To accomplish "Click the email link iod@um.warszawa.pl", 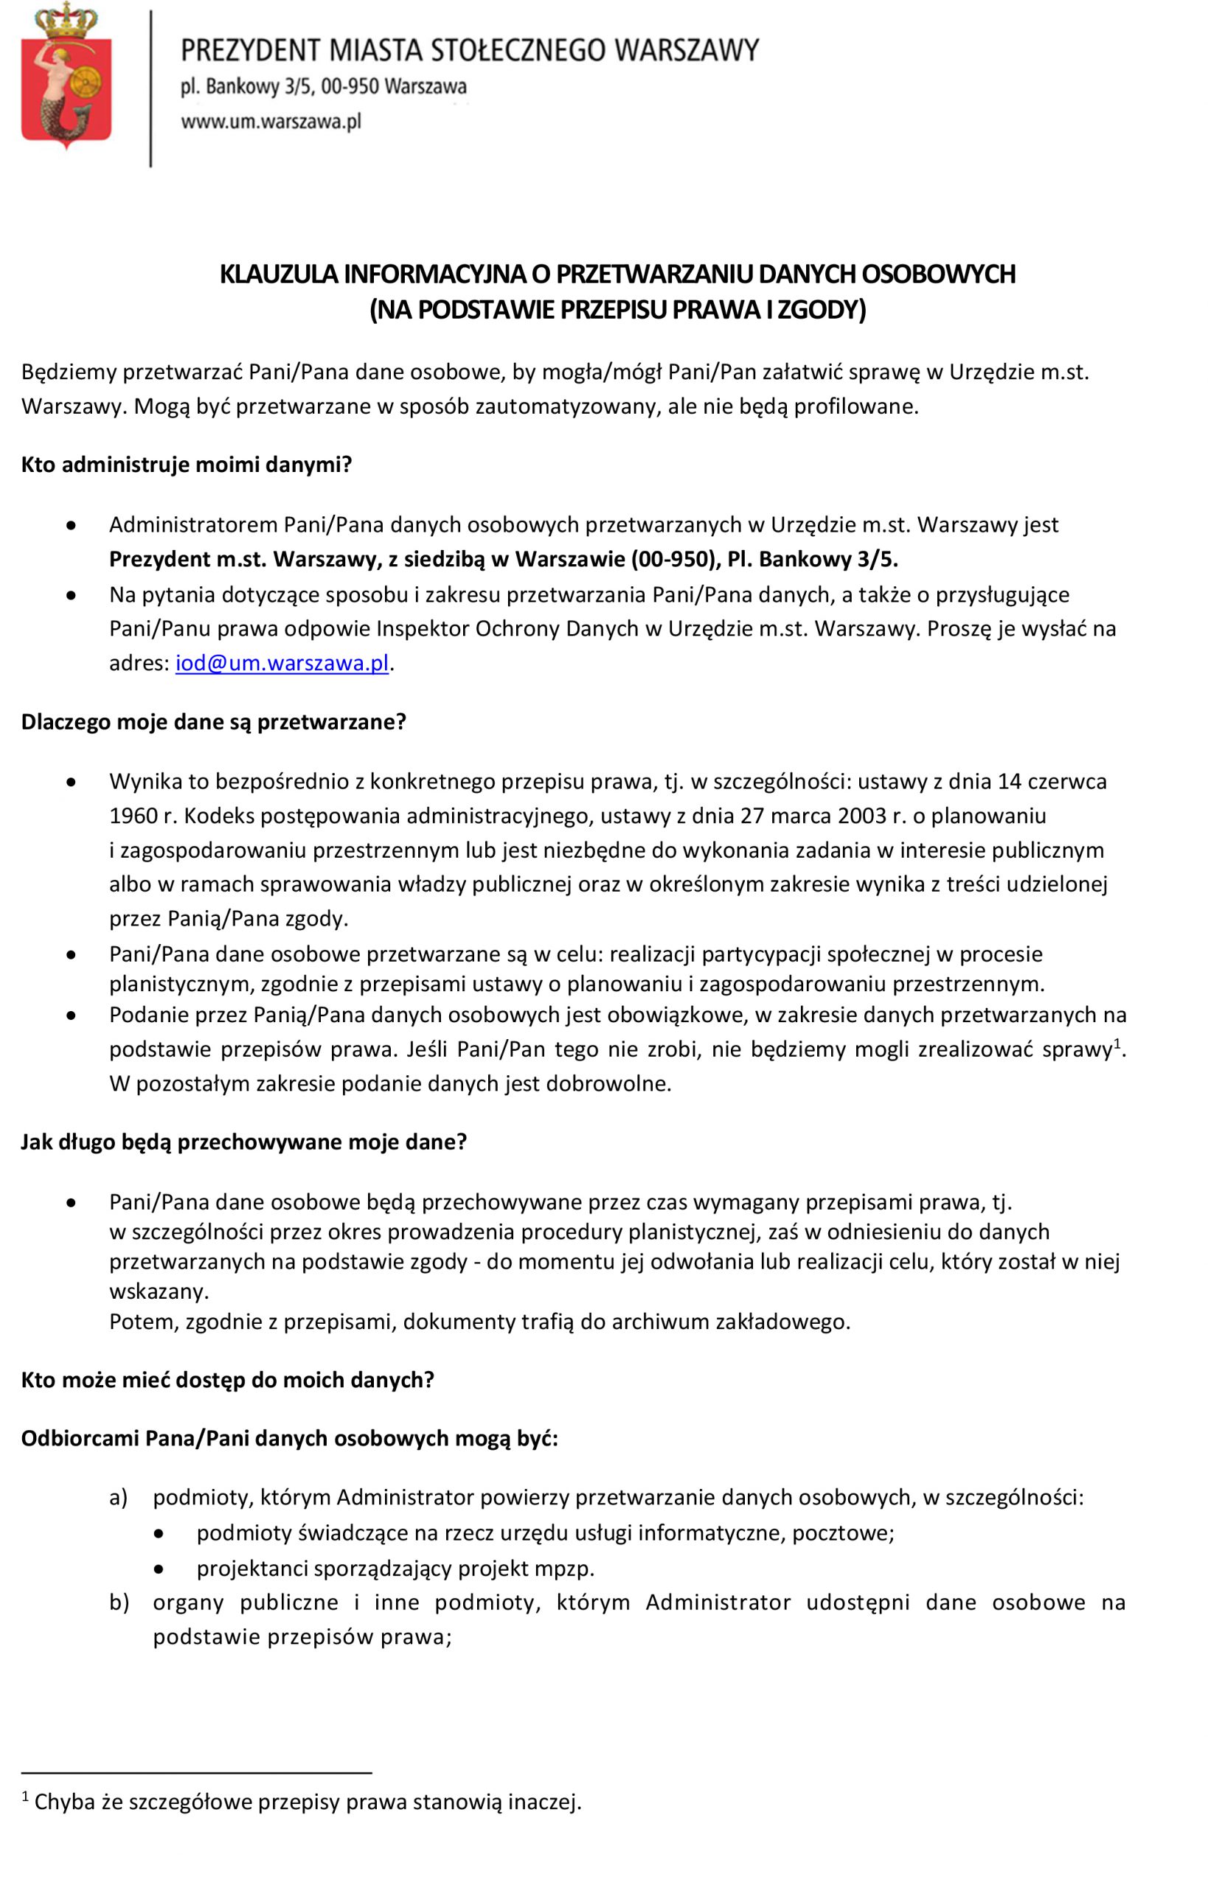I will [x=282, y=664].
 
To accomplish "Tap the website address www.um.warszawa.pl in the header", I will [x=271, y=122].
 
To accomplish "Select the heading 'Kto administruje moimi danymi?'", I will [x=187, y=465].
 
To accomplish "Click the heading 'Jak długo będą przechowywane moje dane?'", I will [x=244, y=1142].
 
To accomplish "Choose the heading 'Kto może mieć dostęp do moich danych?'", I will [x=227, y=1380].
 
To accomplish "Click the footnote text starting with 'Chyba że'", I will [x=308, y=1802].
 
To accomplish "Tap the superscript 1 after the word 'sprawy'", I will [x=1117, y=1044].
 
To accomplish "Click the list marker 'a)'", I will [x=119, y=1497].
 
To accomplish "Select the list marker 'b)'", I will [x=119, y=1603].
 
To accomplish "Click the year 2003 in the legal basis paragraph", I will [x=862, y=816].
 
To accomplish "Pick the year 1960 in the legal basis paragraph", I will [x=133, y=816].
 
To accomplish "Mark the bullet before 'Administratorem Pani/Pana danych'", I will [x=72, y=526].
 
